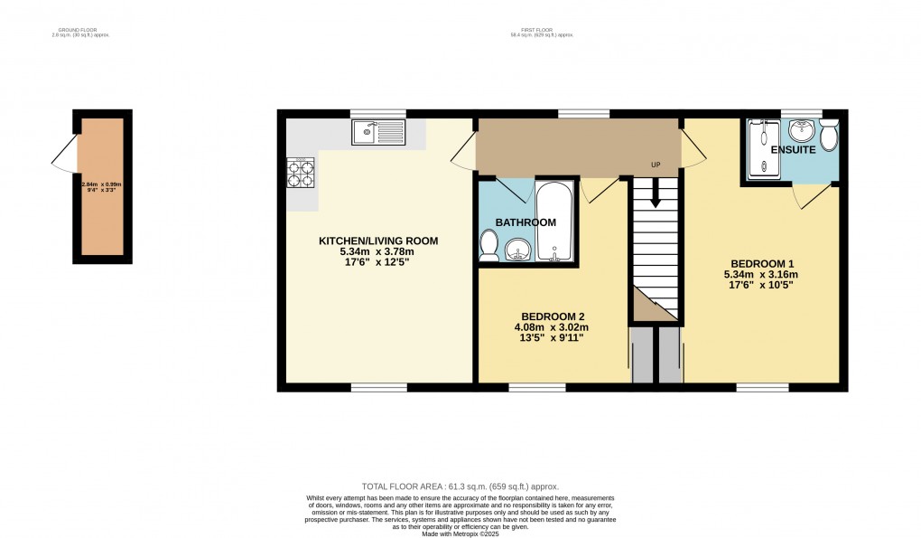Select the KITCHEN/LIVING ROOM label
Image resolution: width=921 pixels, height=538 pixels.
(378, 241)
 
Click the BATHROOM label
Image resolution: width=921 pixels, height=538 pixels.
(525, 222)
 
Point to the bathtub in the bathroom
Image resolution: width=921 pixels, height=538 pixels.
(552, 222)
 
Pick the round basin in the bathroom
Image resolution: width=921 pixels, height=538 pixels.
(517, 249)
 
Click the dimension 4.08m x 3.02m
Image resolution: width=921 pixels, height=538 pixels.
(552, 327)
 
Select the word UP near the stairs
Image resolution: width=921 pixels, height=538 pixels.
(656, 165)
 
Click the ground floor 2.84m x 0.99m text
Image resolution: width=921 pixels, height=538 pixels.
(102, 184)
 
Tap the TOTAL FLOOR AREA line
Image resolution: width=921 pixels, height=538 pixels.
(460, 486)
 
